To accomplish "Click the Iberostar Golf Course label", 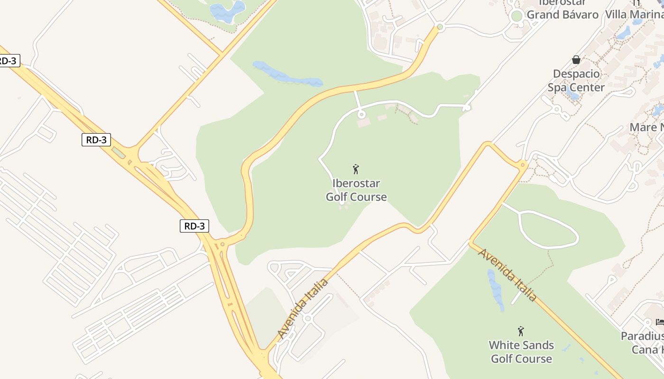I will [356, 190].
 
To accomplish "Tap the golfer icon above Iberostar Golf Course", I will [356, 169].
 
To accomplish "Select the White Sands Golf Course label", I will [521, 352].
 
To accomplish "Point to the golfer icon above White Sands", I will [521, 331].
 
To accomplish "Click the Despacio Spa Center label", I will [576, 81].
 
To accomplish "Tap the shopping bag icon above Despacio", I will [576, 60].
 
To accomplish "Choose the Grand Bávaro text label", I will [563, 15].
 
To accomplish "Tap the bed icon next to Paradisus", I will [660, 322].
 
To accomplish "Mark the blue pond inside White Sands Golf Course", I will [495, 289].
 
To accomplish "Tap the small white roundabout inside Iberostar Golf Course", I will [361, 114].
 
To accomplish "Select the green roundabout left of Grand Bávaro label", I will [516, 16].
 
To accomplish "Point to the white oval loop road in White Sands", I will [549, 229].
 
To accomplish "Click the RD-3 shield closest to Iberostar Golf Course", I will [194, 226].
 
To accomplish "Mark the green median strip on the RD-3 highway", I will [119, 153].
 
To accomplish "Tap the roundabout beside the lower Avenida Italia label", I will [307, 318].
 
